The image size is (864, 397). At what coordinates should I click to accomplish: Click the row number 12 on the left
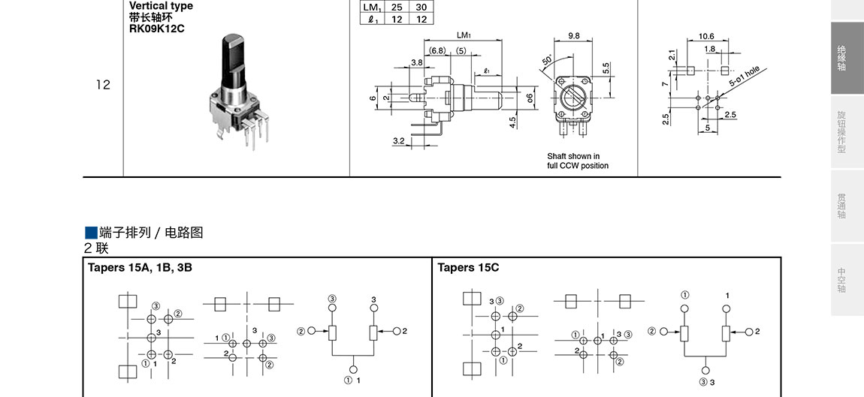point(103,85)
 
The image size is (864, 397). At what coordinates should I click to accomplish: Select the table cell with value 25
point(396,7)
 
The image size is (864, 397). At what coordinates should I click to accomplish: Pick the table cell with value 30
point(421,7)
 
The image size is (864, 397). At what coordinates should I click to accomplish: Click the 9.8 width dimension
point(574,35)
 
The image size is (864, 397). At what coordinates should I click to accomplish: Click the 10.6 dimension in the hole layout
point(706,36)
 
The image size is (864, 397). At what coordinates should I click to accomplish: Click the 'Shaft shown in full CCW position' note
point(578,161)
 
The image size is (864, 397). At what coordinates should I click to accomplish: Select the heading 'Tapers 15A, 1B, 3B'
point(140,267)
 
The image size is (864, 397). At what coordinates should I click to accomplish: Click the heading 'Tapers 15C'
point(468,267)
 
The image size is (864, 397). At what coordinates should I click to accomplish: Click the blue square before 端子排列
point(91,232)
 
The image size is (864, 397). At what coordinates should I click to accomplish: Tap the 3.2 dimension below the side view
point(398,140)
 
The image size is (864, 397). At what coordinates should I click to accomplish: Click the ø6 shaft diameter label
point(530,98)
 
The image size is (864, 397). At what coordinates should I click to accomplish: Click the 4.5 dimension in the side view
point(512,122)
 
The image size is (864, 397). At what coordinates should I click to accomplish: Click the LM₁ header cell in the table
point(371,7)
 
